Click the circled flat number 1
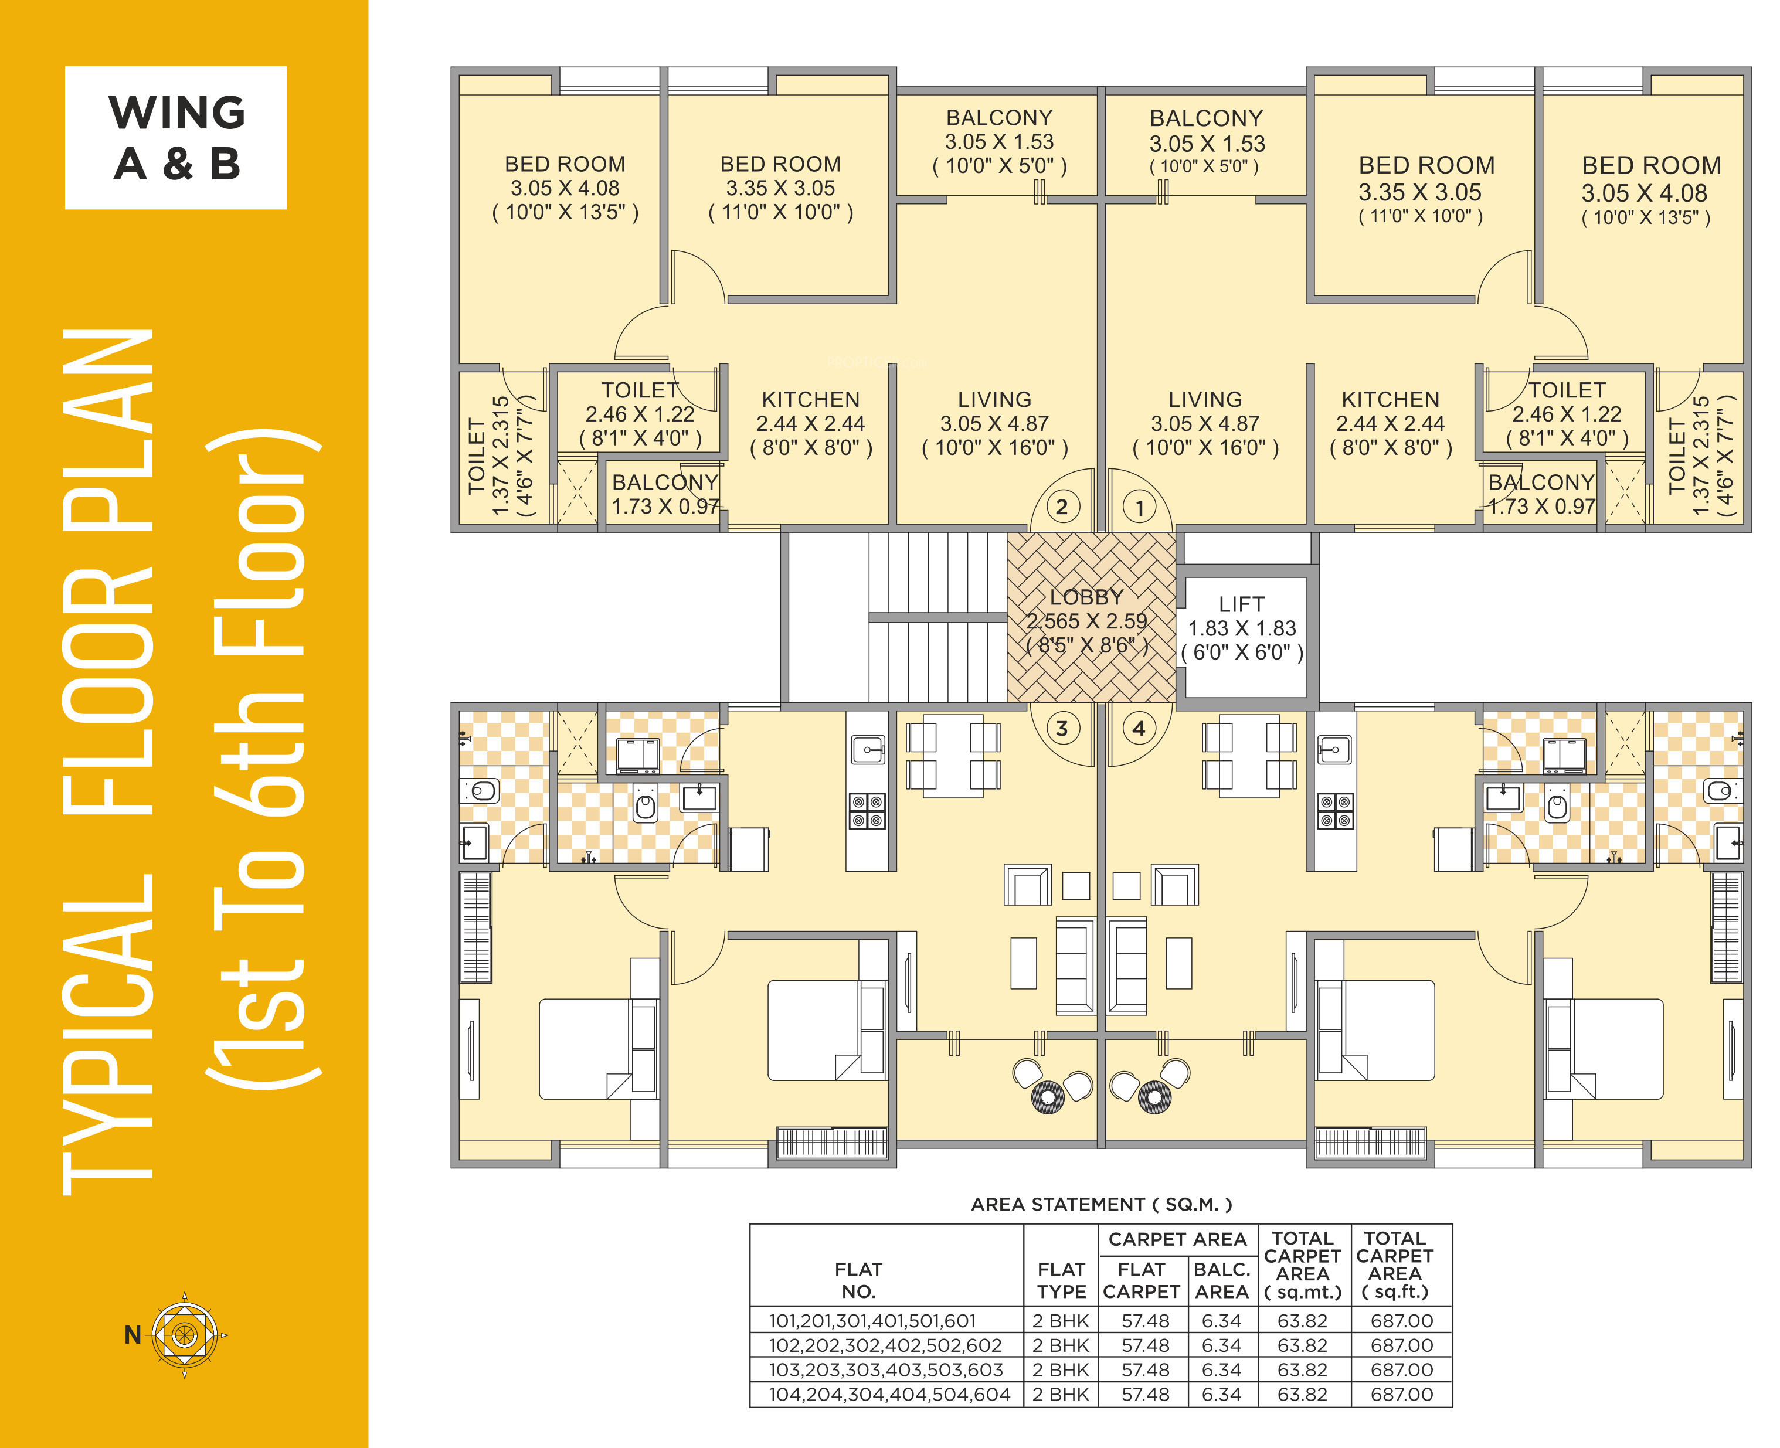tap(1139, 507)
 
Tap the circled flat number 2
tap(1061, 507)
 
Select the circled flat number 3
tap(1061, 728)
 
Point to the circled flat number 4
tap(1139, 728)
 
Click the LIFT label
tap(1241, 604)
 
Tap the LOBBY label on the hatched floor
tap(1086, 597)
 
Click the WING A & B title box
tap(176, 138)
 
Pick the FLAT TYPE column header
tap(1061, 1280)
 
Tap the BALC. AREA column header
tap(1222, 1280)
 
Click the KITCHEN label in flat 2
tap(810, 400)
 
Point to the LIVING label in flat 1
tap(1204, 400)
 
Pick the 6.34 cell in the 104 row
tap(1221, 1395)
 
